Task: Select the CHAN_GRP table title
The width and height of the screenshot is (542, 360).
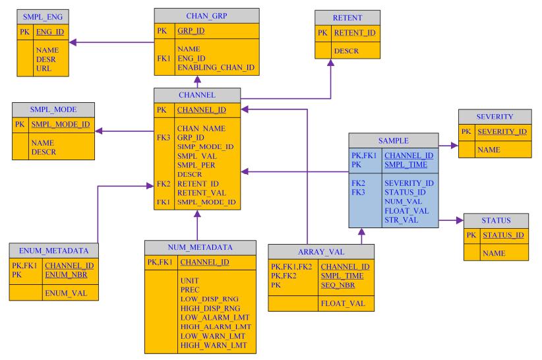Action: coord(197,15)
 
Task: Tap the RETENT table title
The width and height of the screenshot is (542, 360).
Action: coord(348,16)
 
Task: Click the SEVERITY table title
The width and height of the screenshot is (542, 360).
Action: coord(494,116)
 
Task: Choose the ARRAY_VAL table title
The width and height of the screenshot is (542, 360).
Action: coord(321,251)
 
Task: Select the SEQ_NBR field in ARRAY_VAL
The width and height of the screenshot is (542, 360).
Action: coord(336,285)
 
